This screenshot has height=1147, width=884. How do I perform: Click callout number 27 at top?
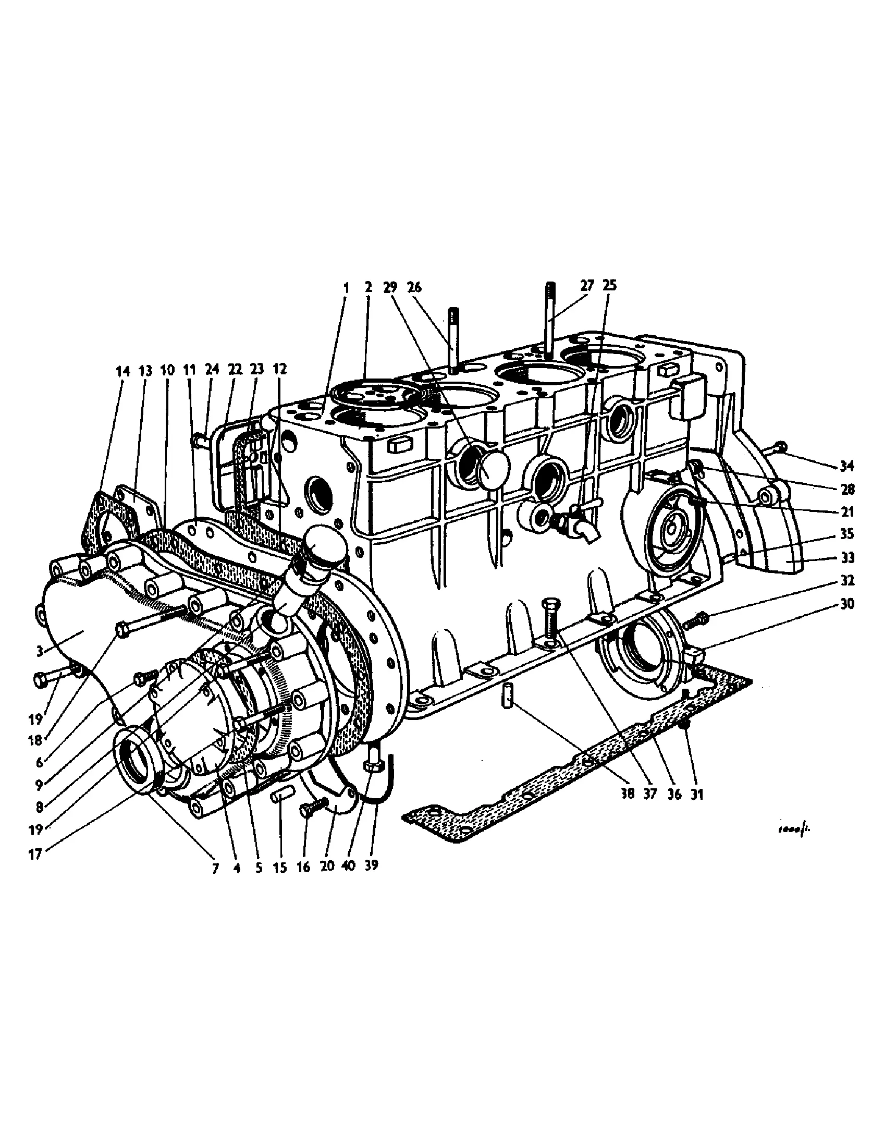(x=587, y=286)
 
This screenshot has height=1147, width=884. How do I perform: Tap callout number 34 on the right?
(x=846, y=466)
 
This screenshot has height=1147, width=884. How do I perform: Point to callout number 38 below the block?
(x=628, y=794)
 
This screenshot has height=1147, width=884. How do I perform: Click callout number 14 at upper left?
(x=122, y=371)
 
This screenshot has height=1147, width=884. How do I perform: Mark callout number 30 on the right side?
(x=846, y=604)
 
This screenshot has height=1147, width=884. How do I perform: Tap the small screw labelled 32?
(x=696, y=621)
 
